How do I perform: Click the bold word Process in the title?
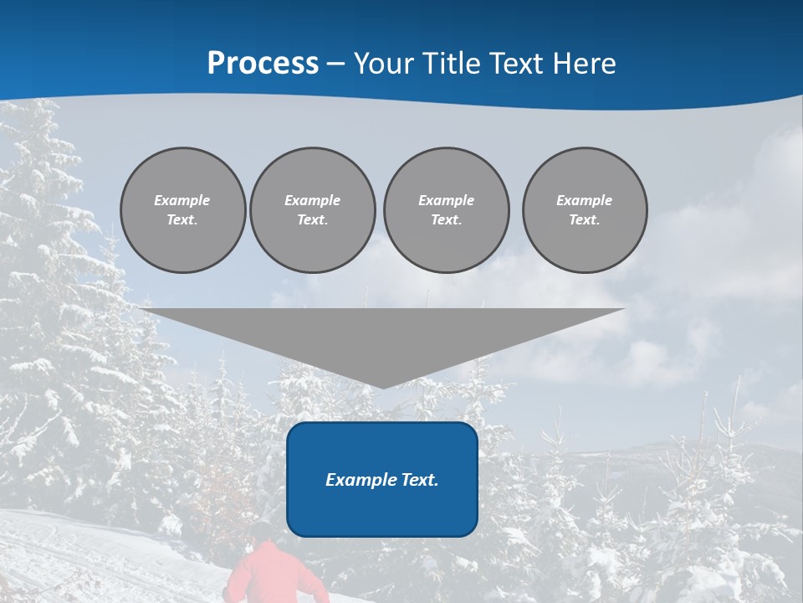tap(263, 64)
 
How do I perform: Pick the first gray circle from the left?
tap(182, 210)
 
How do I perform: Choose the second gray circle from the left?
tap(313, 210)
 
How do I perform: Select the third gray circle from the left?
tap(446, 210)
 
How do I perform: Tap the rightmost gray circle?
tap(585, 210)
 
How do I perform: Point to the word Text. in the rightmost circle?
tap(585, 220)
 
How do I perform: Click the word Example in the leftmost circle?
tap(182, 200)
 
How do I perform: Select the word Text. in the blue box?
tap(419, 480)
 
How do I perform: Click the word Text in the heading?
tap(516, 64)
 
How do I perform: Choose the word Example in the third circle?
tap(446, 200)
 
